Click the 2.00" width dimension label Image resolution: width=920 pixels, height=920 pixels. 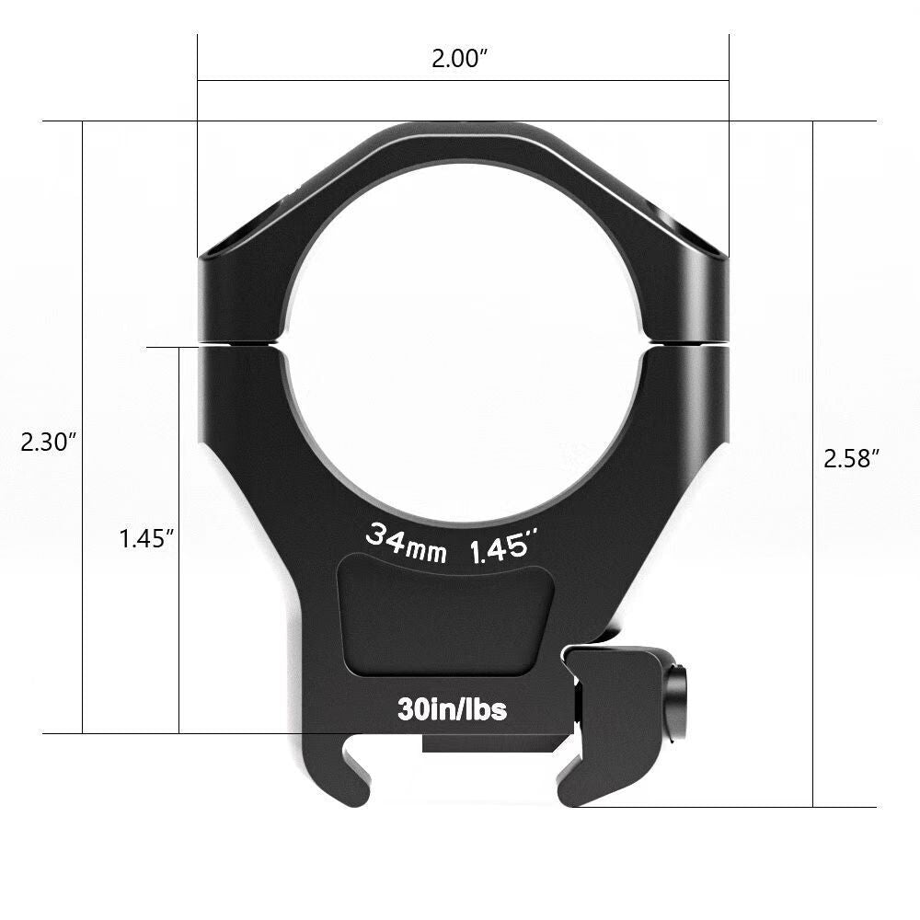tap(459, 60)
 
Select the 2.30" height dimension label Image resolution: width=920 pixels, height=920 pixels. tap(47, 442)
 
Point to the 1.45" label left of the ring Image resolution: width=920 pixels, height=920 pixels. tap(146, 539)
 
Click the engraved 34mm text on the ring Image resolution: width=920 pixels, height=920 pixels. tap(406, 543)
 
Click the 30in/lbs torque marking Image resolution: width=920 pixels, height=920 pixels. tap(452, 709)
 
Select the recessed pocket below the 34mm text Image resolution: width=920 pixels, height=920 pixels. tap(447, 616)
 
